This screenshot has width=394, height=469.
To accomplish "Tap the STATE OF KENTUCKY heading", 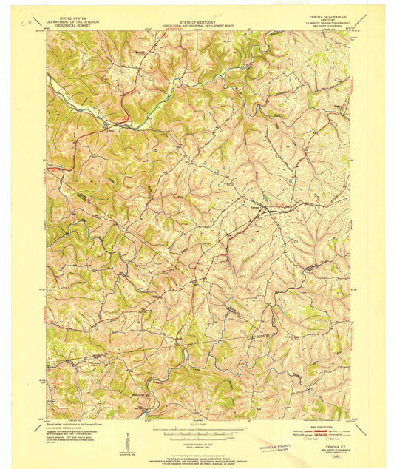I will coord(196,21).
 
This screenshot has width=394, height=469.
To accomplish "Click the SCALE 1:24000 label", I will coord(196,423).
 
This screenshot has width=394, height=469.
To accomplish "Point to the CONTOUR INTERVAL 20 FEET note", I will coord(196,441).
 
